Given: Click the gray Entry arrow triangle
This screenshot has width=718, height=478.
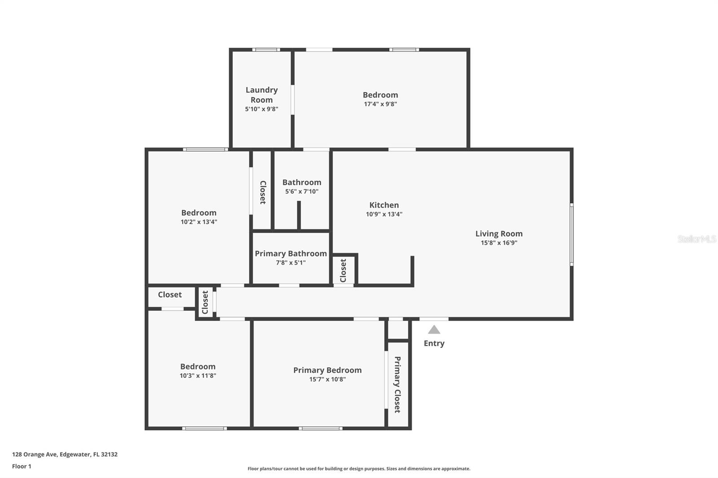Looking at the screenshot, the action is pos(434,330).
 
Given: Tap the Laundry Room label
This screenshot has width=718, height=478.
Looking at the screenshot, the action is pos(262,95).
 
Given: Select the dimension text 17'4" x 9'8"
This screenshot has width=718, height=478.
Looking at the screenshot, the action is pos(381,104).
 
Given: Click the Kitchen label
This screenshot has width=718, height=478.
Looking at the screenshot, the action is pos(384,205).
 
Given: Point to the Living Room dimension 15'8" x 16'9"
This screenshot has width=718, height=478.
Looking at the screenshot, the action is pos(499,243).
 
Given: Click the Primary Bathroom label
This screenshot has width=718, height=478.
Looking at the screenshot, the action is pos(291,254).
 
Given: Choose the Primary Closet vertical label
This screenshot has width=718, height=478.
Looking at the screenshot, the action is pos(398,384).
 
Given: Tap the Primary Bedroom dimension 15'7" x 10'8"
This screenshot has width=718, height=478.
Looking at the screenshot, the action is pos(328,379).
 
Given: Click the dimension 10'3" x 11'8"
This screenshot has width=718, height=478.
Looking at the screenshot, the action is pos(198,375).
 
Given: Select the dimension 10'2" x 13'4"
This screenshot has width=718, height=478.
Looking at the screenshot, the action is pos(199,222).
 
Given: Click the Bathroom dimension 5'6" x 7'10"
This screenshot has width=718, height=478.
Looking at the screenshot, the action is pos(302,191).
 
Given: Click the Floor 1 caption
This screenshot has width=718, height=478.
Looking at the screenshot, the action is pos(22,466).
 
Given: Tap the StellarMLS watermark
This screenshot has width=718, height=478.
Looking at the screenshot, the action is pos(697,239).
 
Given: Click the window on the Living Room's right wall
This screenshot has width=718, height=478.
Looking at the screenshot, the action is pos(572,235).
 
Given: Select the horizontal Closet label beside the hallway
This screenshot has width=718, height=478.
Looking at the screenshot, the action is pos(170,295).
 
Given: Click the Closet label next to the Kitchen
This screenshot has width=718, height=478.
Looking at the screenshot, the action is pos(343,271).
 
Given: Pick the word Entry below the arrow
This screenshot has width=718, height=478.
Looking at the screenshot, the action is pos(434,343).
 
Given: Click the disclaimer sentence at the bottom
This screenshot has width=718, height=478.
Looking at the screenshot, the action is pos(359,469).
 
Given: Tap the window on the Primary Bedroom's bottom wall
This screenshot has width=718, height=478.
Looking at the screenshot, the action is pos(320,428).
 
